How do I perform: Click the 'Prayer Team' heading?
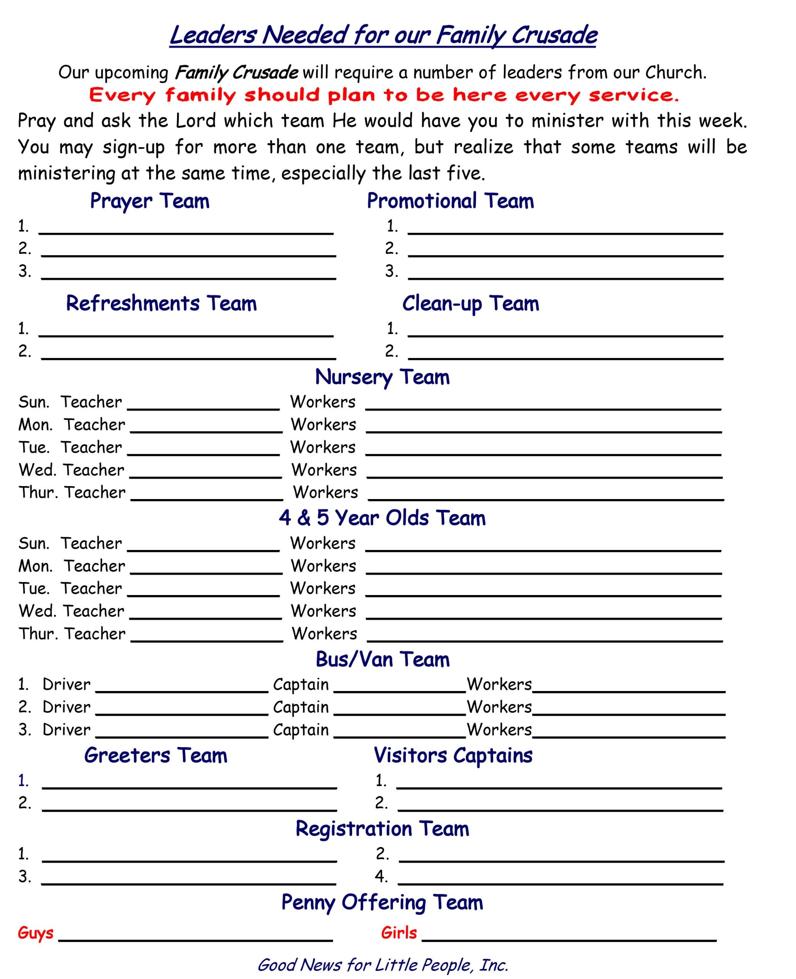point(149,201)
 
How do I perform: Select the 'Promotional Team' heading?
point(450,201)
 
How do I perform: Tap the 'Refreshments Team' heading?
point(161,303)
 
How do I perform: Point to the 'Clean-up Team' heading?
point(470,303)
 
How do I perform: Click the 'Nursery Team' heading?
point(382,377)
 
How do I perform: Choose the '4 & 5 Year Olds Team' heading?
point(382,518)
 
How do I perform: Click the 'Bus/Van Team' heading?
point(382,659)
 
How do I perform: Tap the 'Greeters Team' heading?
point(156,755)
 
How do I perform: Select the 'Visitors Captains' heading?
point(453,755)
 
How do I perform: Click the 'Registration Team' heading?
point(382,829)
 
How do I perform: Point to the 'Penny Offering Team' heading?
point(382,902)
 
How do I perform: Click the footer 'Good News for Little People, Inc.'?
point(382,965)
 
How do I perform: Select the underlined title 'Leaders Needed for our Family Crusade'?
point(383,35)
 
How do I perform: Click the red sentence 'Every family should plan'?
point(383,95)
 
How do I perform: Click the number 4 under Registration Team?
point(381,876)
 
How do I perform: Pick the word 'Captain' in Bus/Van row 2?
point(301,707)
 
